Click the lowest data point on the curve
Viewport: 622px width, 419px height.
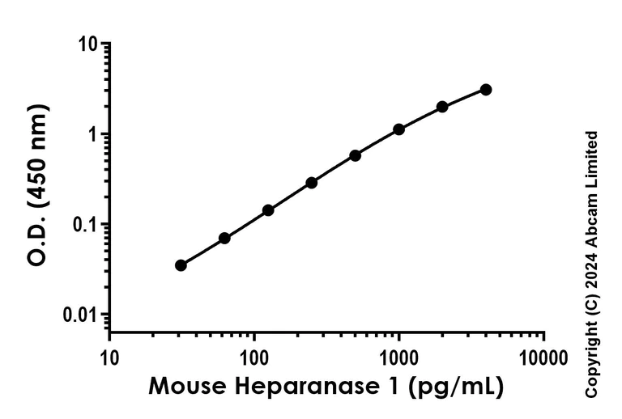point(181,265)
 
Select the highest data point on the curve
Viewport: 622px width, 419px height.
point(485,90)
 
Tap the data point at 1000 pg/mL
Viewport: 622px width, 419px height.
point(398,129)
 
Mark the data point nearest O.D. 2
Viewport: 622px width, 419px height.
point(442,107)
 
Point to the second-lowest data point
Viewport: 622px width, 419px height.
point(224,238)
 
